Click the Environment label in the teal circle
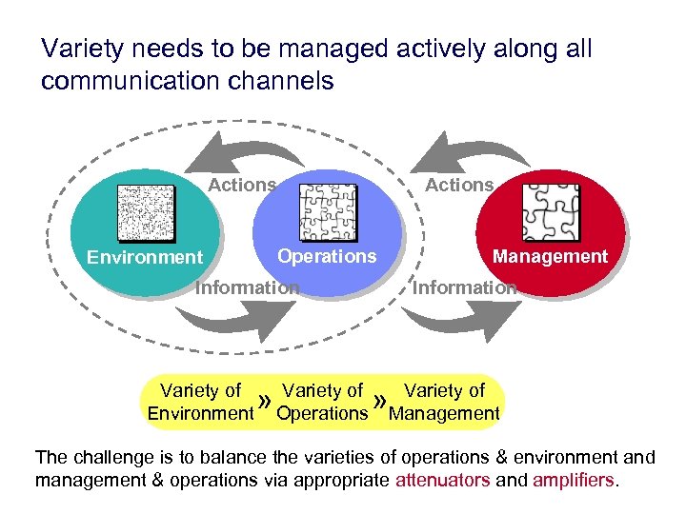[x=145, y=257]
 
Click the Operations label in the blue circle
[x=327, y=256]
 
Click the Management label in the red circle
[x=550, y=256]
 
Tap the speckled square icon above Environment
[x=146, y=212]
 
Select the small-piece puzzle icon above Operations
[x=328, y=212]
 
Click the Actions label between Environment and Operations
[x=242, y=185]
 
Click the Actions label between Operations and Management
[x=459, y=185]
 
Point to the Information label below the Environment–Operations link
[x=247, y=287]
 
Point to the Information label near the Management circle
[x=464, y=287]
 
